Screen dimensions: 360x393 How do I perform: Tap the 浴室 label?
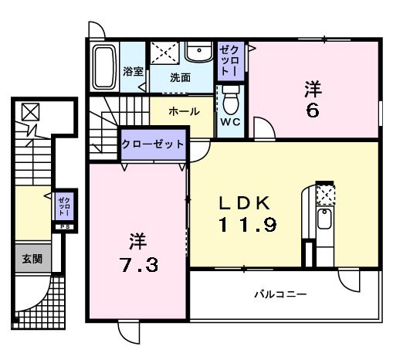(133, 72)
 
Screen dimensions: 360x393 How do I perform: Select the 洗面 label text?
(181, 77)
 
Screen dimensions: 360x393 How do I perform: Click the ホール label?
(185, 111)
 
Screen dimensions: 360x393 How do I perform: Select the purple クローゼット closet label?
(153, 144)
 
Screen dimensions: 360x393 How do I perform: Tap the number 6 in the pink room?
(312, 109)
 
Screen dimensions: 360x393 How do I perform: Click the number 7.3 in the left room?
(141, 265)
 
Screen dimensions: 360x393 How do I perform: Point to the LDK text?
(244, 204)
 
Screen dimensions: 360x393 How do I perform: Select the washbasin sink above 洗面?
(200, 52)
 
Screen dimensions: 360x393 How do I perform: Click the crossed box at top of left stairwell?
(29, 113)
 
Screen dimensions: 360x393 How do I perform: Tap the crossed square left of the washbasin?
(164, 52)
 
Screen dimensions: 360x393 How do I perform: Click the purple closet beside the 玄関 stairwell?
(63, 207)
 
